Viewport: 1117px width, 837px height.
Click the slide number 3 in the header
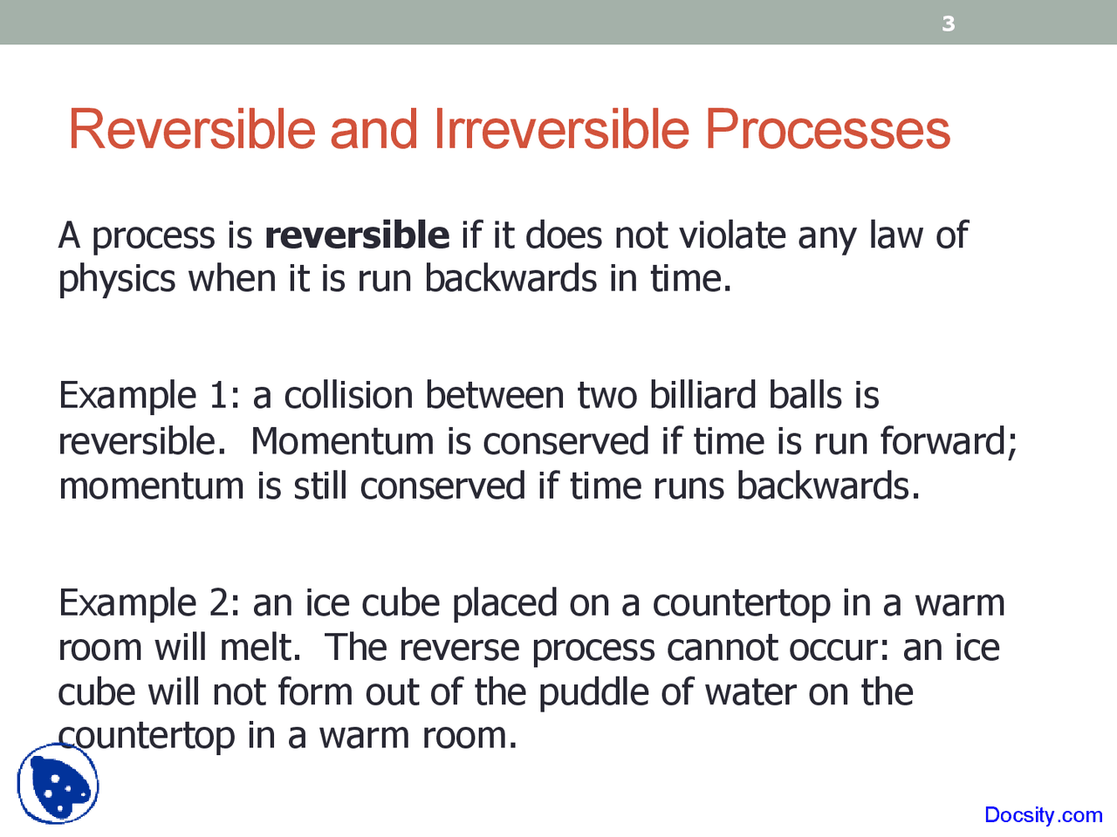[949, 24]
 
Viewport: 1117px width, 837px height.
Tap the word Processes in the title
[827, 130]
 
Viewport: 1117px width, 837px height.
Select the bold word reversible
[357, 235]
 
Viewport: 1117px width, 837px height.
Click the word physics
[117, 280]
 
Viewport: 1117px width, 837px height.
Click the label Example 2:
[149, 603]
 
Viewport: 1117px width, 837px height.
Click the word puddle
[593, 693]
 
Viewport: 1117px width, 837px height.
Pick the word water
[750, 693]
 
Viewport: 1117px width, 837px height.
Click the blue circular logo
[58, 784]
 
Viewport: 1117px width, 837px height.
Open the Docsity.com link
[1043, 815]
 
